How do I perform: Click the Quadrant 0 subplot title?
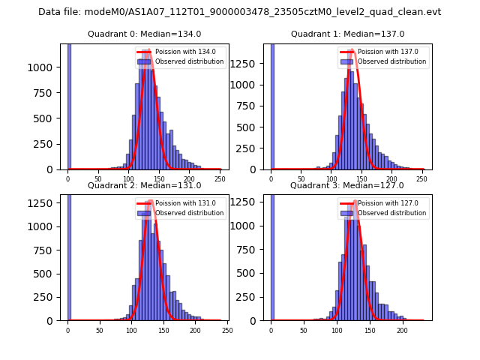144,34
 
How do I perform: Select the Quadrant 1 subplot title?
347,34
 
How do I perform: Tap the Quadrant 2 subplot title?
144,185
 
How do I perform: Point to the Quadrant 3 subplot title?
347,185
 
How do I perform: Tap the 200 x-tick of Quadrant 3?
402,330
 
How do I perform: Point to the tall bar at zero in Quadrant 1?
271,106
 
